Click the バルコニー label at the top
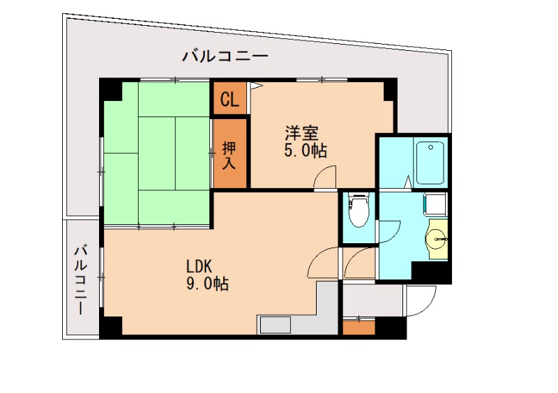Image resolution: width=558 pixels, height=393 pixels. [x=225, y=56]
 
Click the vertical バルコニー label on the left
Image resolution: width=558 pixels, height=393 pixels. [x=81, y=279]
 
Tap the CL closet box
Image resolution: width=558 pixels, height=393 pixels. [x=229, y=100]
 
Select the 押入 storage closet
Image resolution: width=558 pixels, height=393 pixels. [x=230, y=155]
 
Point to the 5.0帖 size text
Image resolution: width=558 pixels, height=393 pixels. [x=306, y=151]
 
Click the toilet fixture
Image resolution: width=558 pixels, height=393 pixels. [x=358, y=211]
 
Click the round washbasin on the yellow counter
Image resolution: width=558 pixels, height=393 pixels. [x=439, y=240]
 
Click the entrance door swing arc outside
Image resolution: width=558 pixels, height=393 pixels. [x=420, y=301]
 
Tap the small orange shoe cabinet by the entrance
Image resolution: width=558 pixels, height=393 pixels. [x=359, y=327]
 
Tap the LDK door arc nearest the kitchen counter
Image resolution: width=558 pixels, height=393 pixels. [x=322, y=263]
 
